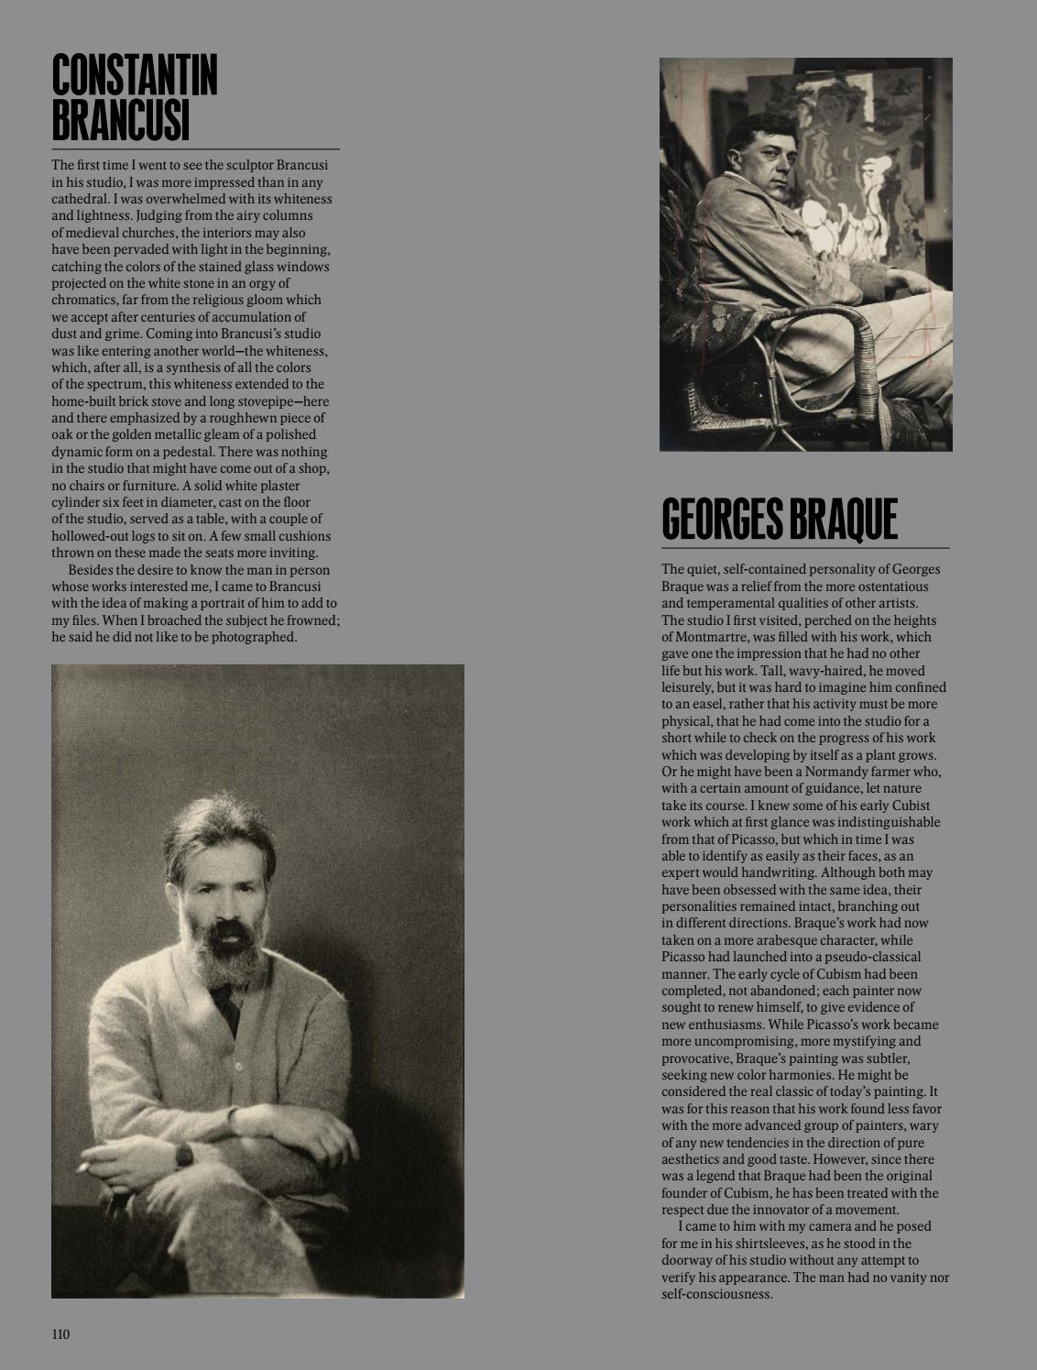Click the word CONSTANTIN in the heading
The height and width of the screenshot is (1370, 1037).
pyautogui.click(x=135, y=75)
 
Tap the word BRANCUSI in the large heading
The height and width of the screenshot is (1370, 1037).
pyautogui.click(x=120, y=121)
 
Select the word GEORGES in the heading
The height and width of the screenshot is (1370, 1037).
pyautogui.click(x=720, y=520)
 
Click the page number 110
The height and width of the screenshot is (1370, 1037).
pyautogui.click(x=60, y=1333)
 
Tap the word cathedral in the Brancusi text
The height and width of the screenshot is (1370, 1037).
pyautogui.click(x=80, y=199)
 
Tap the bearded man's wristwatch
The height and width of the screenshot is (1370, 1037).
pyautogui.click(x=184, y=1155)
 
